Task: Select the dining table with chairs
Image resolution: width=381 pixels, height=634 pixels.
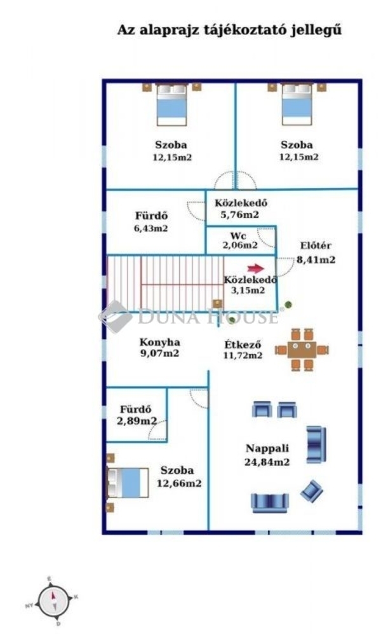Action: point(302,349)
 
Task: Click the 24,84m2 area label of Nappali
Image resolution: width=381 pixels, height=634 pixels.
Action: point(267,462)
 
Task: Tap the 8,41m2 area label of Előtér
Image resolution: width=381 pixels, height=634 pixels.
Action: point(316,259)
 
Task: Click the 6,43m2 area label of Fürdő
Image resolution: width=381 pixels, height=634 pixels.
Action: point(151,228)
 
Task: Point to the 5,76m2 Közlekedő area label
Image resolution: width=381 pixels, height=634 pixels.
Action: point(239,215)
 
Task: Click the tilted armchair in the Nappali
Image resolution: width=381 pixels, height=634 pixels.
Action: point(311,491)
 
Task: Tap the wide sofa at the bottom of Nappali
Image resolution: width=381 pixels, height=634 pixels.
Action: point(270,502)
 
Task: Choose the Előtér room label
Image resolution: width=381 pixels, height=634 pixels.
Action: point(316,247)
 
